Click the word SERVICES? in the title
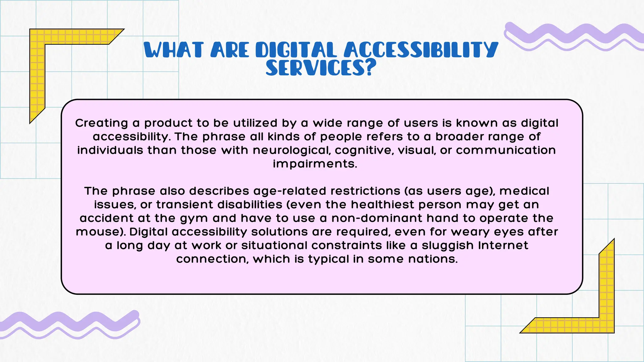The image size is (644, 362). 321,68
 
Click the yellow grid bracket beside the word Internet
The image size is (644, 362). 606,299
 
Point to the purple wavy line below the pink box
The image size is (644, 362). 69,324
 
